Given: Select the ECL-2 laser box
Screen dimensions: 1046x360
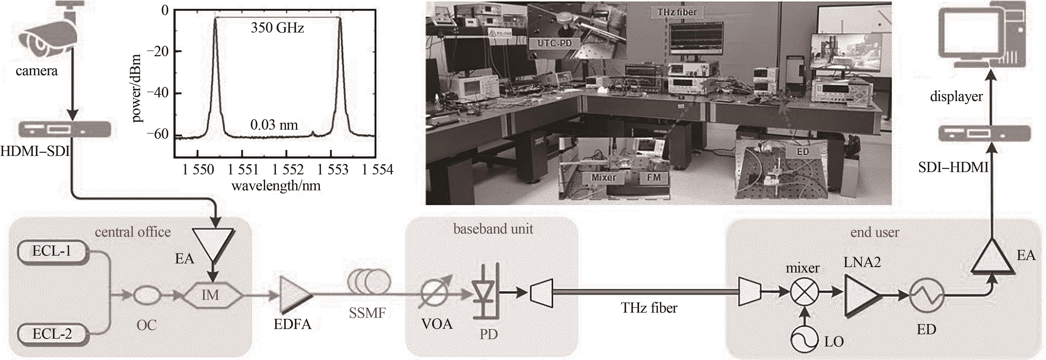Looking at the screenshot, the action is (52, 334).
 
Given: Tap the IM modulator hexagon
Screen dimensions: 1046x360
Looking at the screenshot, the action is (211, 295).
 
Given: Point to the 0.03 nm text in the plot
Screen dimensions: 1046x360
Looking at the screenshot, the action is (274, 125).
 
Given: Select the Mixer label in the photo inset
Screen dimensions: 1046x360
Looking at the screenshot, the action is (603, 177).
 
